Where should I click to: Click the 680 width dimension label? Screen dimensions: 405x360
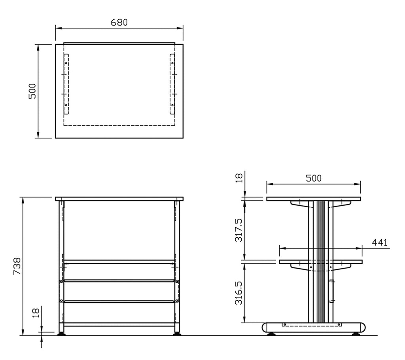pos(119,23)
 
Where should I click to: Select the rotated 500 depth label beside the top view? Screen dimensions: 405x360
pos(32,91)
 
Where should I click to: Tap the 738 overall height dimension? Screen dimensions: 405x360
pos(17,266)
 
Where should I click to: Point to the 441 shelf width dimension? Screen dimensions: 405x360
pos(379,243)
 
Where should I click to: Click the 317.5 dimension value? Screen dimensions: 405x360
pos(238,230)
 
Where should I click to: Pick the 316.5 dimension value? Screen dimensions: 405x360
pos(238,293)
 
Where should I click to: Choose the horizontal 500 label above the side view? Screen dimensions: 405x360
pos(314,178)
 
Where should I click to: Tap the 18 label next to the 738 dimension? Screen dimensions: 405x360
pos(36,313)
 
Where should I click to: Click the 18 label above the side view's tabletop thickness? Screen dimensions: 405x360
pos(239,178)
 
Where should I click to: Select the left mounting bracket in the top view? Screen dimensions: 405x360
pos(66,84)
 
